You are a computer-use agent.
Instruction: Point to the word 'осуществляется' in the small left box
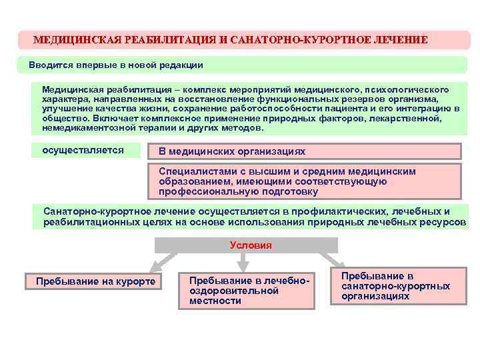[x=83, y=150]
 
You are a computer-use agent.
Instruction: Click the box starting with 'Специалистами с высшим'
[x=287, y=181]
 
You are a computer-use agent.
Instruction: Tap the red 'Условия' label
[x=251, y=245]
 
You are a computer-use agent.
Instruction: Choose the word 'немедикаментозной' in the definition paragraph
[x=81, y=127]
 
